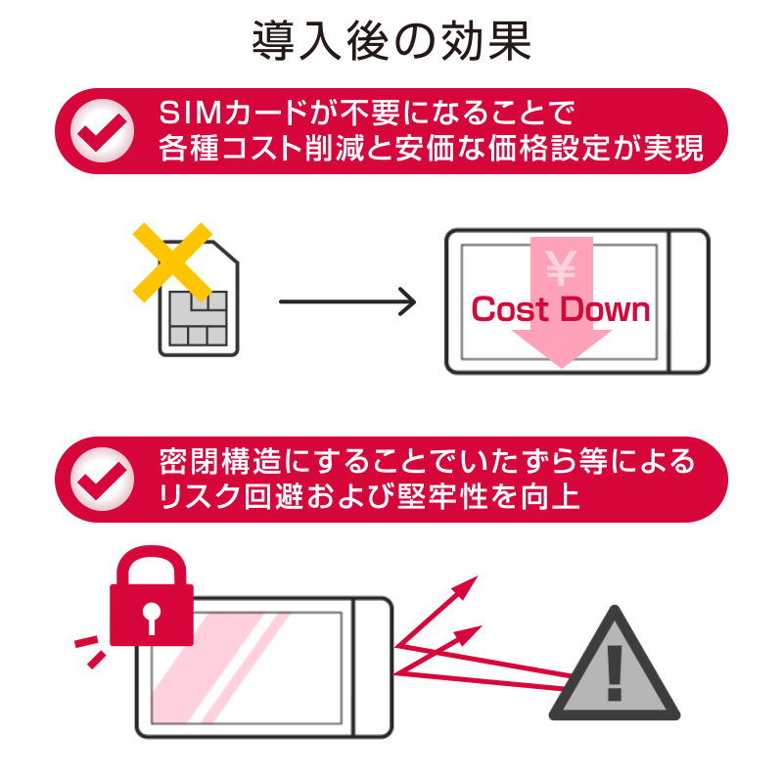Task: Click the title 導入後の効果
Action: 391,41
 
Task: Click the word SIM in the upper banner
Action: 191,114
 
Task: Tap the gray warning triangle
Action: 615,668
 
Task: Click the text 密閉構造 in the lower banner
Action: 211,461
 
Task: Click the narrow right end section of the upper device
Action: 688,301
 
